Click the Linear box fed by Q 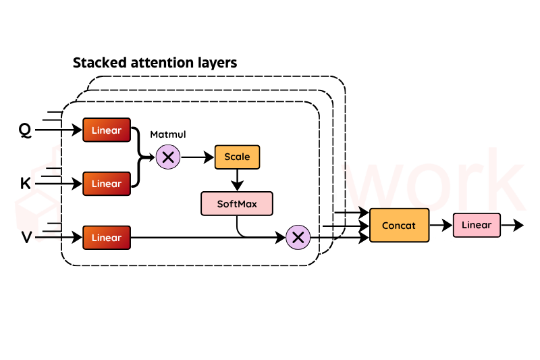pyautogui.click(x=106, y=130)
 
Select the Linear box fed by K pyautogui.click(x=106, y=184)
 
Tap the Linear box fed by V pyautogui.click(x=106, y=238)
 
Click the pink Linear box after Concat pyautogui.click(x=477, y=225)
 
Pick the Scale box pyautogui.click(x=237, y=157)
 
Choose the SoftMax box pyautogui.click(x=237, y=203)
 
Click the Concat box pyautogui.click(x=400, y=226)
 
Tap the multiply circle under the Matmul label pyautogui.click(x=168, y=157)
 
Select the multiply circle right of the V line pyautogui.click(x=298, y=238)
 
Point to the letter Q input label pyautogui.click(x=25, y=130)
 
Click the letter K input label pyautogui.click(x=26, y=184)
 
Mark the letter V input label pyautogui.click(x=26, y=238)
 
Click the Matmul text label pyautogui.click(x=167, y=135)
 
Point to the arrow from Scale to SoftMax pyautogui.click(x=237, y=180)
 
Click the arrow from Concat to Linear pyautogui.click(x=441, y=226)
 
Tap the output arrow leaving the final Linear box pyautogui.click(x=512, y=226)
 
